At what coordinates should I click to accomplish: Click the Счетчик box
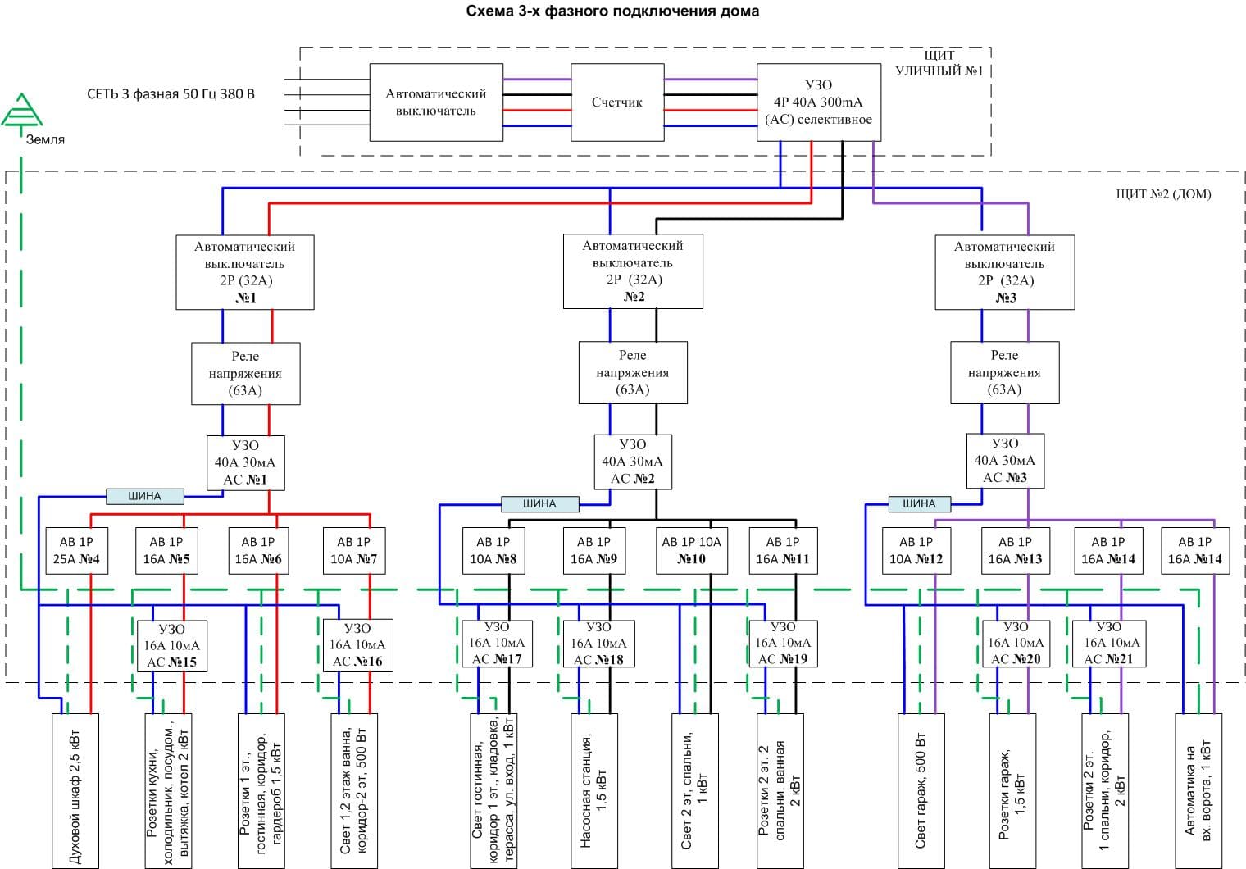pyautogui.click(x=616, y=102)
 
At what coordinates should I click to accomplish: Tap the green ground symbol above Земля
pyautogui.click(x=22, y=111)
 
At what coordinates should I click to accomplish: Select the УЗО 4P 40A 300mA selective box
pyautogui.click(x=818, y=102)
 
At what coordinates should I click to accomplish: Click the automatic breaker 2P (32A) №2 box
pyautogui.click(x=633, y=271)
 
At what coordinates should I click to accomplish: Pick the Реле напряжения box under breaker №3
pyautogui.click(x=1004, y=373)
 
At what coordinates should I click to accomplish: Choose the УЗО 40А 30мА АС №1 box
pyautogui.click(x=245, y=462)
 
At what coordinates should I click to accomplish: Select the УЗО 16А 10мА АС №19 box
pyautogui.click(x=783, y=643)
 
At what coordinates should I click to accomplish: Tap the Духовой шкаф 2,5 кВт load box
pyautogui.click(x=75, y=790)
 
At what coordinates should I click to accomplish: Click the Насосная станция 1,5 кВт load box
pyautogui.click(x=593, y=790)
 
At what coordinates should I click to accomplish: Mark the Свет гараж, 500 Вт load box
pyautogui.click(x=921, y=790)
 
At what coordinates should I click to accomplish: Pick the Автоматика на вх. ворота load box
pyautogui.click(x=1198, y=790)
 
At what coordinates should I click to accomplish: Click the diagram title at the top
pyautogui.click(x=612, y=11)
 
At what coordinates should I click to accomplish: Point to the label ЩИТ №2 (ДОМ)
pyautogui.click(x=1163, y=194)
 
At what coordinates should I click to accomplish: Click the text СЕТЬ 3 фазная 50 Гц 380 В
pyautogui.click(x=171, y=94)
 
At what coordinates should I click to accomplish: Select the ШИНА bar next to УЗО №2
pyautogui.click(x=539, y=503)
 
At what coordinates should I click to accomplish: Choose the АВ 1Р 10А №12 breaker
pyautogui.click(x=916, y=551)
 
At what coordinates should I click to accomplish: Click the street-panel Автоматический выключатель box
pyautogui.click(x=435, y=102)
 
